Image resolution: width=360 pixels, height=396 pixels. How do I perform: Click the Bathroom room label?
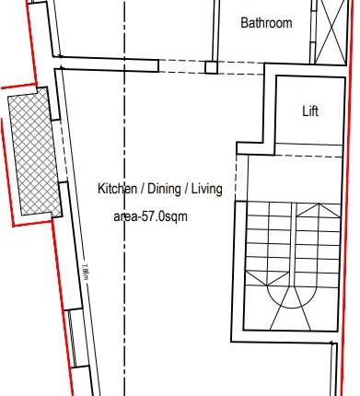pos(266,23)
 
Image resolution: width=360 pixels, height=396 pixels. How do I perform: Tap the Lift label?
pos(311,111)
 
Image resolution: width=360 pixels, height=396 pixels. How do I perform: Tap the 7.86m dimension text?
pos(86,273)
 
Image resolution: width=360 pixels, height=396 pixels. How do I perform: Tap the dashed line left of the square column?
pos(138,64)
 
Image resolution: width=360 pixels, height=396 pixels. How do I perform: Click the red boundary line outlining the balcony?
pos(9,157)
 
